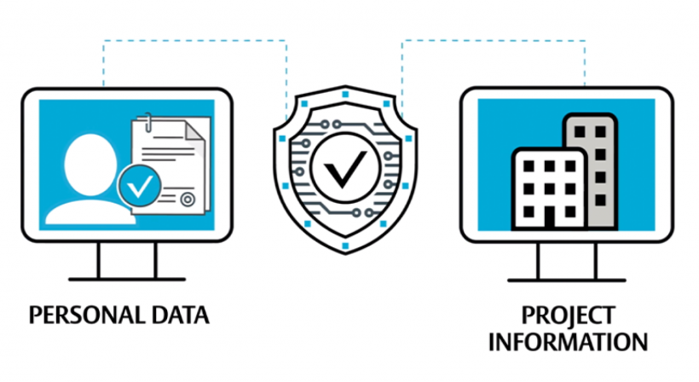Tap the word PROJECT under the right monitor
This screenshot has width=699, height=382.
click(569, 315)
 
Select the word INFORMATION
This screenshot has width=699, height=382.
click(568, 342)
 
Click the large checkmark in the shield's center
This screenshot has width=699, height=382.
click(345, 168)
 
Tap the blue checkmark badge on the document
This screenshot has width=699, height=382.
click(140, 185)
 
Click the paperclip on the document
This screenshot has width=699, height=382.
click(148, 123)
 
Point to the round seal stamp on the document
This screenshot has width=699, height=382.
click(188, 200)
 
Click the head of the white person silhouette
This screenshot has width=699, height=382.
click(90, 165)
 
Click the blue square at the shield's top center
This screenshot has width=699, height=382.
click(345, 95)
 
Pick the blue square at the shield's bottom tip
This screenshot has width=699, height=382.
click(345, 246)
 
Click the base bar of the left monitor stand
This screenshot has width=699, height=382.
click(127, 280)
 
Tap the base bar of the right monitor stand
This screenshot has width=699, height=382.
click(567, 281)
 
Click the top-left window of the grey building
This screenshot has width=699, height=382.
click(580, 131)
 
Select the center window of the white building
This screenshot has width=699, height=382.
click(549, 189)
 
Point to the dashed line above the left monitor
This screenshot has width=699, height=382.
click(195, 41)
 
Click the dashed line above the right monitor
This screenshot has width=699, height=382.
click(494, 41)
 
